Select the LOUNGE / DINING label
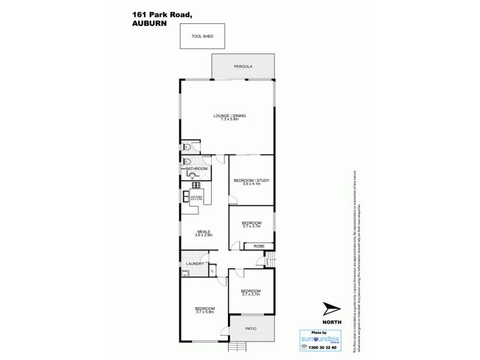229,115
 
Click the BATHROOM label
196,170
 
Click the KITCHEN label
196,196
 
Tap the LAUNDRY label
196,263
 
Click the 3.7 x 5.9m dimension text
204,312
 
